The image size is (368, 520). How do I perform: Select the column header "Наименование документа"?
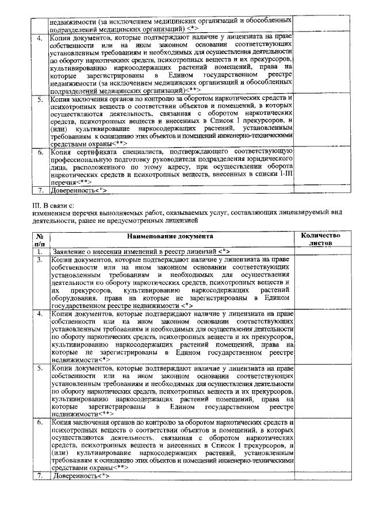(x=171, y=236)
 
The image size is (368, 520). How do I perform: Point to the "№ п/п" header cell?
(x=40, y=240)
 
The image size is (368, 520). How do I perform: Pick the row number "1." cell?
(x=40, y=252)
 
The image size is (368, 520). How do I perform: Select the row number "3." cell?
(x=40, y=260)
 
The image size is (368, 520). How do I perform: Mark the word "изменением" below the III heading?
(x=51, y=212)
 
